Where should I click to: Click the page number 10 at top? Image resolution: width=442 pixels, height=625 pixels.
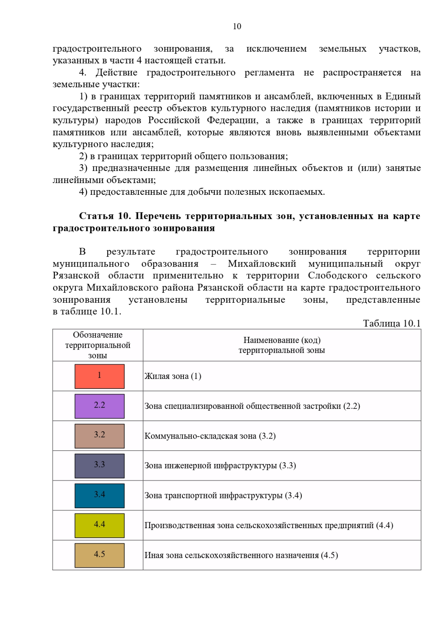[237, 26]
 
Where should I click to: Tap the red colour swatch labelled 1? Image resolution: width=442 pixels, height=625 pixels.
[99, 376]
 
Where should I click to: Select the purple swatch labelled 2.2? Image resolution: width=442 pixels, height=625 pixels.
[99, 406]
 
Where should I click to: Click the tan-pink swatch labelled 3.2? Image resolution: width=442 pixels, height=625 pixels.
[99, 436]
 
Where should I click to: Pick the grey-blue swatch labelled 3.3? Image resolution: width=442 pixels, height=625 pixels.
[99, 466]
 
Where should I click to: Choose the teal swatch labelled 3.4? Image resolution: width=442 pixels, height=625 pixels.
[99, 495]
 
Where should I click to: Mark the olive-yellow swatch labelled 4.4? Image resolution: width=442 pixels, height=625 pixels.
[99, 525]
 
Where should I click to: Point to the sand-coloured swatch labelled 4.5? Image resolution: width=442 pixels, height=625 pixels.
[99, 555]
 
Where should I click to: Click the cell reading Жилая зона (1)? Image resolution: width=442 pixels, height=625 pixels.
[173, 376]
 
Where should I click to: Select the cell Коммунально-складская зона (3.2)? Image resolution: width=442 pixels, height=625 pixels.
[210, 436]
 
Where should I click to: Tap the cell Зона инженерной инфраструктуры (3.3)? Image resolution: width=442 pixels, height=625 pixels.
[220, 466]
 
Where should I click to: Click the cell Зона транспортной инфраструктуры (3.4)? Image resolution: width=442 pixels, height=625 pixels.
[223, 495]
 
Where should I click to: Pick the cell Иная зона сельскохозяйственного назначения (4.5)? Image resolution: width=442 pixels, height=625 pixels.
[241, 555]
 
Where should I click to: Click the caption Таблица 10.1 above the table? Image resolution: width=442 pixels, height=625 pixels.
[392, 323]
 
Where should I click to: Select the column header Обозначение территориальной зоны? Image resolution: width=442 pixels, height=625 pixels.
[98, 345]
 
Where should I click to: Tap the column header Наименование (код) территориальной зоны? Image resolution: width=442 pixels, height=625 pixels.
[281, 345]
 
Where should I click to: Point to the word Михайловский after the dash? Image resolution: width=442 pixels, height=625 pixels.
[262, 264]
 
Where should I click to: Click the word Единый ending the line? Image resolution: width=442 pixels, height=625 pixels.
[403, 96]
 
